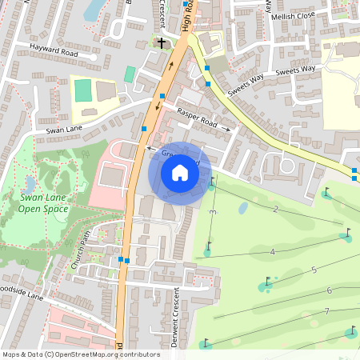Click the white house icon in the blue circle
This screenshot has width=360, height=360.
(x=180, y=173)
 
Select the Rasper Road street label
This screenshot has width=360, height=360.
(x=198, y=118)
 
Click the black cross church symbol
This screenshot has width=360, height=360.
(x=162, y=42)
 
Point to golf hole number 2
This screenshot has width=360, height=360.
(x=275, y=209)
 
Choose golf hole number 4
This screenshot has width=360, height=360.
(x=273, y=252)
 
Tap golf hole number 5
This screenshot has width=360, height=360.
(x=314, y=270)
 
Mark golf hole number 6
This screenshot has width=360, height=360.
(x=329, y=290)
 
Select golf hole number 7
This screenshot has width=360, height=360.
(x=326, y=311)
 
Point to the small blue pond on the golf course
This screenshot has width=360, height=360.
(x=243, y=208)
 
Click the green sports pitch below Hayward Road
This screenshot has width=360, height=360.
(x=83, y=90)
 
